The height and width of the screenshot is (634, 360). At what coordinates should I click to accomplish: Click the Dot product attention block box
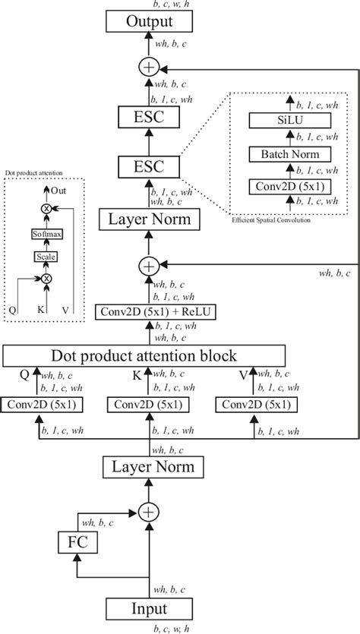click(x=144, y=355)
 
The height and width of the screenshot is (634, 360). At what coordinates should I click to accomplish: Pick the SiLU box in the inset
click(x=286, y=121)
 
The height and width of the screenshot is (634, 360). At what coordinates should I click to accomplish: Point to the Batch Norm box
click(x=286, y=154)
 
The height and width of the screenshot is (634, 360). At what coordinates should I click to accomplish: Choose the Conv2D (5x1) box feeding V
click(x=254, y=405)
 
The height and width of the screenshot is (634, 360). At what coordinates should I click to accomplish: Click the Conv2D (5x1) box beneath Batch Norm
click(x=286, y=187)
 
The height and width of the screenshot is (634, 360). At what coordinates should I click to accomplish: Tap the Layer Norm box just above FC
click(x=149, y=466)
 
